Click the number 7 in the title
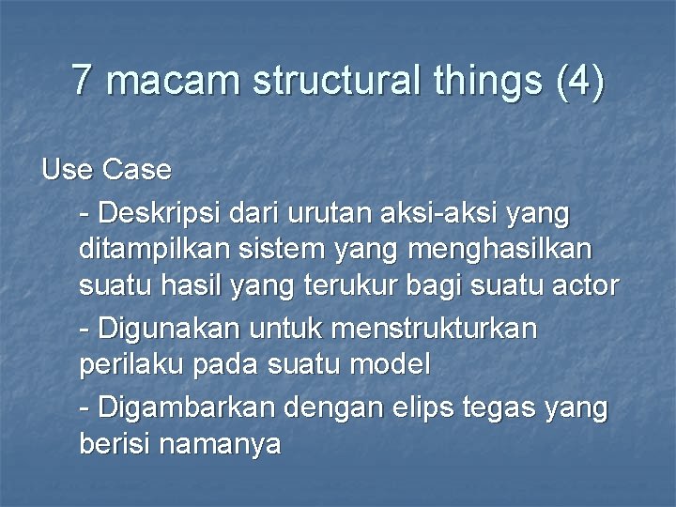click(83, 81)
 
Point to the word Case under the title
click(137, 170)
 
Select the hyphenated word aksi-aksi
click(438, 214)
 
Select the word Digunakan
click(168, 330)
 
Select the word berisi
click(115, 443)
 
